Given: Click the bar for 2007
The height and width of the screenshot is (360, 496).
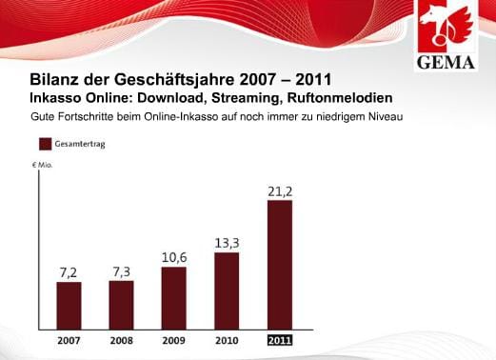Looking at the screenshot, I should point(69,305).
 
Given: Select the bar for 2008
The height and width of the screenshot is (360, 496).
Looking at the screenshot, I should point(121,304).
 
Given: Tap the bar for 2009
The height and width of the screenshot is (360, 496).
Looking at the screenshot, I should point(173,297).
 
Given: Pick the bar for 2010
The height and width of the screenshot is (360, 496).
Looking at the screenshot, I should point(226,290).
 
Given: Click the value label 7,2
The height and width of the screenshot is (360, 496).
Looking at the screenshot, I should point(69,272).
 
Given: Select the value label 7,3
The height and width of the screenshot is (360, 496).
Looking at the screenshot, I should point(121,271).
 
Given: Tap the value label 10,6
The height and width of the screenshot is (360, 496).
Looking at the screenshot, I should point(173,257).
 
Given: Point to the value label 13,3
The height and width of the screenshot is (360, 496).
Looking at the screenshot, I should point(226,243).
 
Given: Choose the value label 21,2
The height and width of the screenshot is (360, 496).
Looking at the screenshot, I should point(278,191).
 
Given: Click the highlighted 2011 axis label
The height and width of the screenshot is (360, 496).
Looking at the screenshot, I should point(278,340).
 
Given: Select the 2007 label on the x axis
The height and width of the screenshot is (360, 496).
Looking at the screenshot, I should point(69,340).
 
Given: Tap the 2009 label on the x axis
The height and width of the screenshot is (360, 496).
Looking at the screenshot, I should point(173,340).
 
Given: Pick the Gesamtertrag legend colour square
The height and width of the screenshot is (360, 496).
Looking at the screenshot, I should point(44,145).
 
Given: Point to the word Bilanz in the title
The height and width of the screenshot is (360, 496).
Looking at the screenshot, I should point(54,79).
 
